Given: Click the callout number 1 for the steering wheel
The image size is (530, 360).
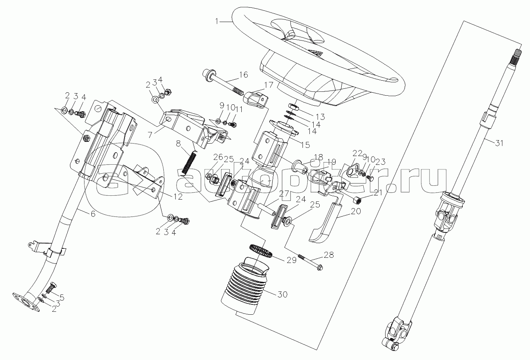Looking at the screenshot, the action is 217,21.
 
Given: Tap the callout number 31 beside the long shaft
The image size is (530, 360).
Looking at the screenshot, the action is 499,143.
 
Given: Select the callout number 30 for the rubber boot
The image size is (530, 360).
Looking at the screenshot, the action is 283,294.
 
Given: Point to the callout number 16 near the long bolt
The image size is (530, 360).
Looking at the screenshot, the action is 243,75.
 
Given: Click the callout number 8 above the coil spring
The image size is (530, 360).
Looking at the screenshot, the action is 178,143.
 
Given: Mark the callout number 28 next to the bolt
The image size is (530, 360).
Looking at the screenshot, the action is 329,255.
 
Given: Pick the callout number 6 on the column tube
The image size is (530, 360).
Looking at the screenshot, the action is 93,214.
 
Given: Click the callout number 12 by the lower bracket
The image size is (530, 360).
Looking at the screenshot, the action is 178,197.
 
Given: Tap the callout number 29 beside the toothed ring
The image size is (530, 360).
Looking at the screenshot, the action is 291,260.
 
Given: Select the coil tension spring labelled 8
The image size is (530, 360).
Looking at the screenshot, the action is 190,163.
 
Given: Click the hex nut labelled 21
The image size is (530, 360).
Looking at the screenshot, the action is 356,201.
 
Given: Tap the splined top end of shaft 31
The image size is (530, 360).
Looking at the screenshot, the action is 517,62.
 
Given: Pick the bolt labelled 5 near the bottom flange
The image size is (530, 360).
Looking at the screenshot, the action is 51,288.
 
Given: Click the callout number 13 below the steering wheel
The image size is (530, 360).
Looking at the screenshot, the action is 320,117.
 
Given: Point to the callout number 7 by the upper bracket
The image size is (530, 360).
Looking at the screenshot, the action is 150,135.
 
